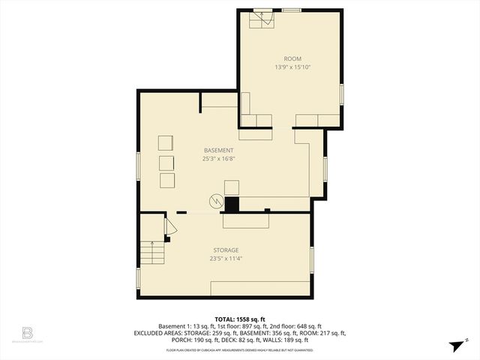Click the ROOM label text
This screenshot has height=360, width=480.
coord(292,58)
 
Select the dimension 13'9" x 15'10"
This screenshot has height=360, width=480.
coord(292,67)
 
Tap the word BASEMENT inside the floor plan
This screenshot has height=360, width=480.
coord(218,150)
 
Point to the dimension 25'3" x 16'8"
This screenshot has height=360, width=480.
coord(218,159)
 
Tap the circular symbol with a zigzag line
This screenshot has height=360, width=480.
coord(216,201)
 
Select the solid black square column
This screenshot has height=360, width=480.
coord(232,204)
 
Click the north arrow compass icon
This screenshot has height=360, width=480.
coord(455,345)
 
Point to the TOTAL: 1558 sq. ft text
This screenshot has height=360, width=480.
coord(239,319)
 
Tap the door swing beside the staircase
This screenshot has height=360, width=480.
coord(170,227)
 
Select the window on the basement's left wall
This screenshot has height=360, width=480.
coord(137,166)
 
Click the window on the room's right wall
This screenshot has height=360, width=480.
coord(342,94)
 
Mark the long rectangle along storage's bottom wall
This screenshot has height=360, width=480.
coord(260,289)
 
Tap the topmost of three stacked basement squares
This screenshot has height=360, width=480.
coord(165,143)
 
